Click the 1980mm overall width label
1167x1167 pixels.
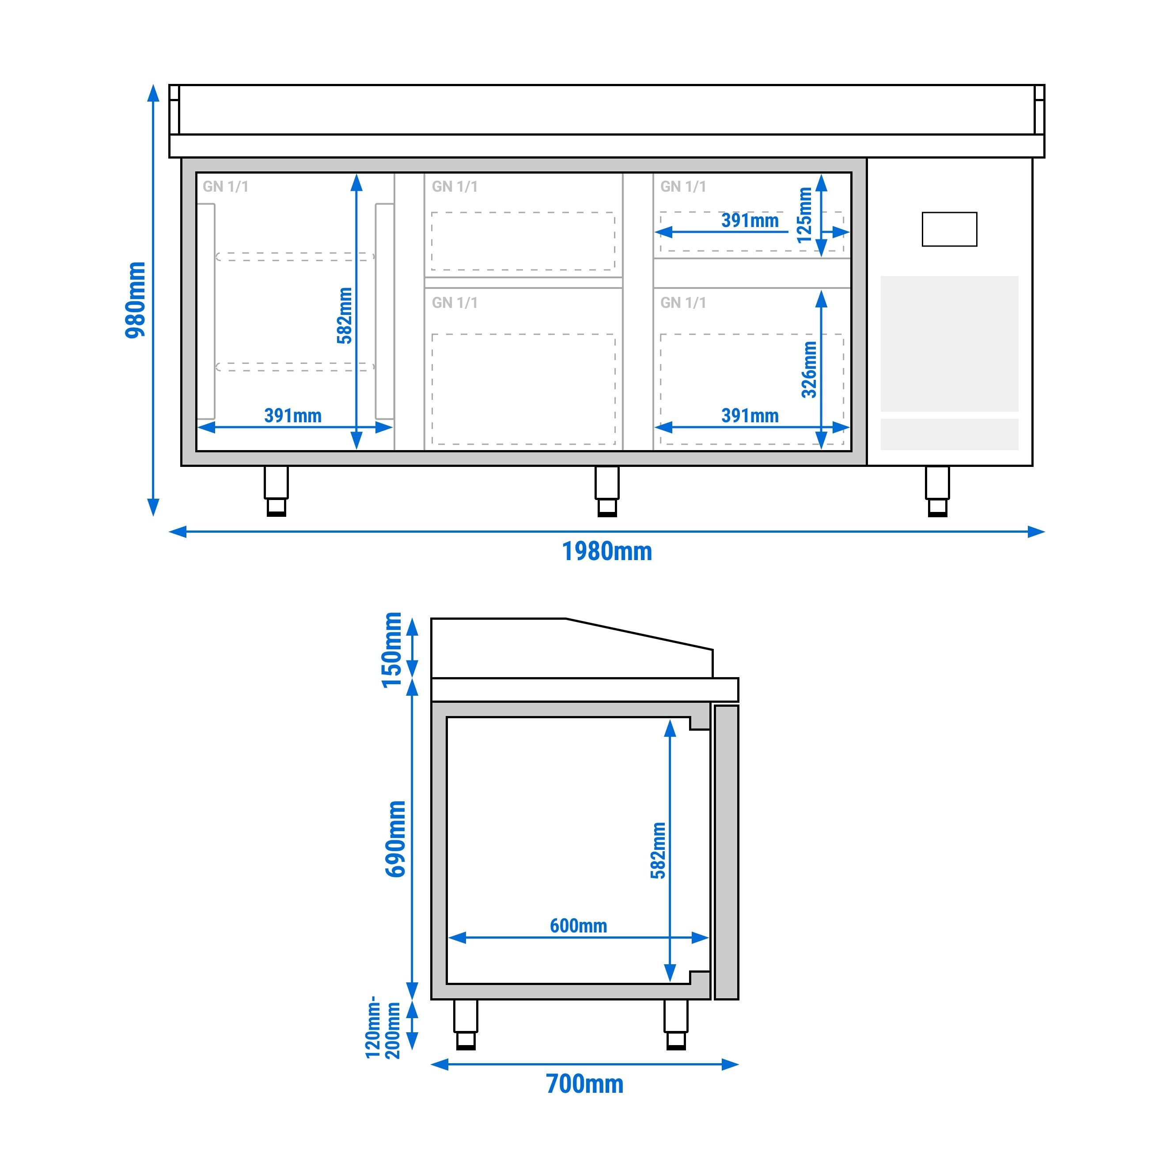tap(607, 552)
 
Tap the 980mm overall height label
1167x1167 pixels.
tap(136, 300)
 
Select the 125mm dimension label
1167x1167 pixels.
tap(805, 215)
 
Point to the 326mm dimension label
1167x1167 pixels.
tap(809, 370)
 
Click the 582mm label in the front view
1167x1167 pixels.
tap(344, 315)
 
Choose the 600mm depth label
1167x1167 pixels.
tap(578, 925)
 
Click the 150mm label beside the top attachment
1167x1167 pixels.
tap(392, 649)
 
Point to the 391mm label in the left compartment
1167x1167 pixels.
tap(293, 416)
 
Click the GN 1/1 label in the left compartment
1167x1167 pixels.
tap(225, 187)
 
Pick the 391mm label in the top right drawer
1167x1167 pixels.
tap(750, 220)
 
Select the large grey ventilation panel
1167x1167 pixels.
tap(949, 343)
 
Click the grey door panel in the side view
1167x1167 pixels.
tap(726, 852)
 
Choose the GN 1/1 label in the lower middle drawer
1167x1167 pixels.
tap(454, 303)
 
